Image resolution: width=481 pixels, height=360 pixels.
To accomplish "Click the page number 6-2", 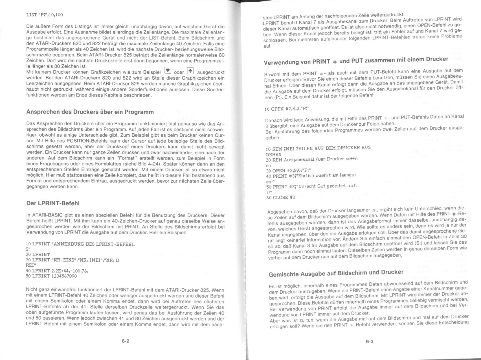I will point(126,341).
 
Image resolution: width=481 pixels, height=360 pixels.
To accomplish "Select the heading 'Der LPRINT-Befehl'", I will point(53,203).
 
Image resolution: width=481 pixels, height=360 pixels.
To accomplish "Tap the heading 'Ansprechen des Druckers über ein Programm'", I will point(90,112).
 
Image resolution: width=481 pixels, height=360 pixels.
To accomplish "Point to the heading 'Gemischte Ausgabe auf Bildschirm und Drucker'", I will point(336,273).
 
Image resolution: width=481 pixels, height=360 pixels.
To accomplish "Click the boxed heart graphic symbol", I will point(168,71).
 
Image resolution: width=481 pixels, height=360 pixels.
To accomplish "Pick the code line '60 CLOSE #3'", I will point(281,197).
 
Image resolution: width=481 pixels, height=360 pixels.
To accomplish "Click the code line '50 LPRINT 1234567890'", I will point(51,276).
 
